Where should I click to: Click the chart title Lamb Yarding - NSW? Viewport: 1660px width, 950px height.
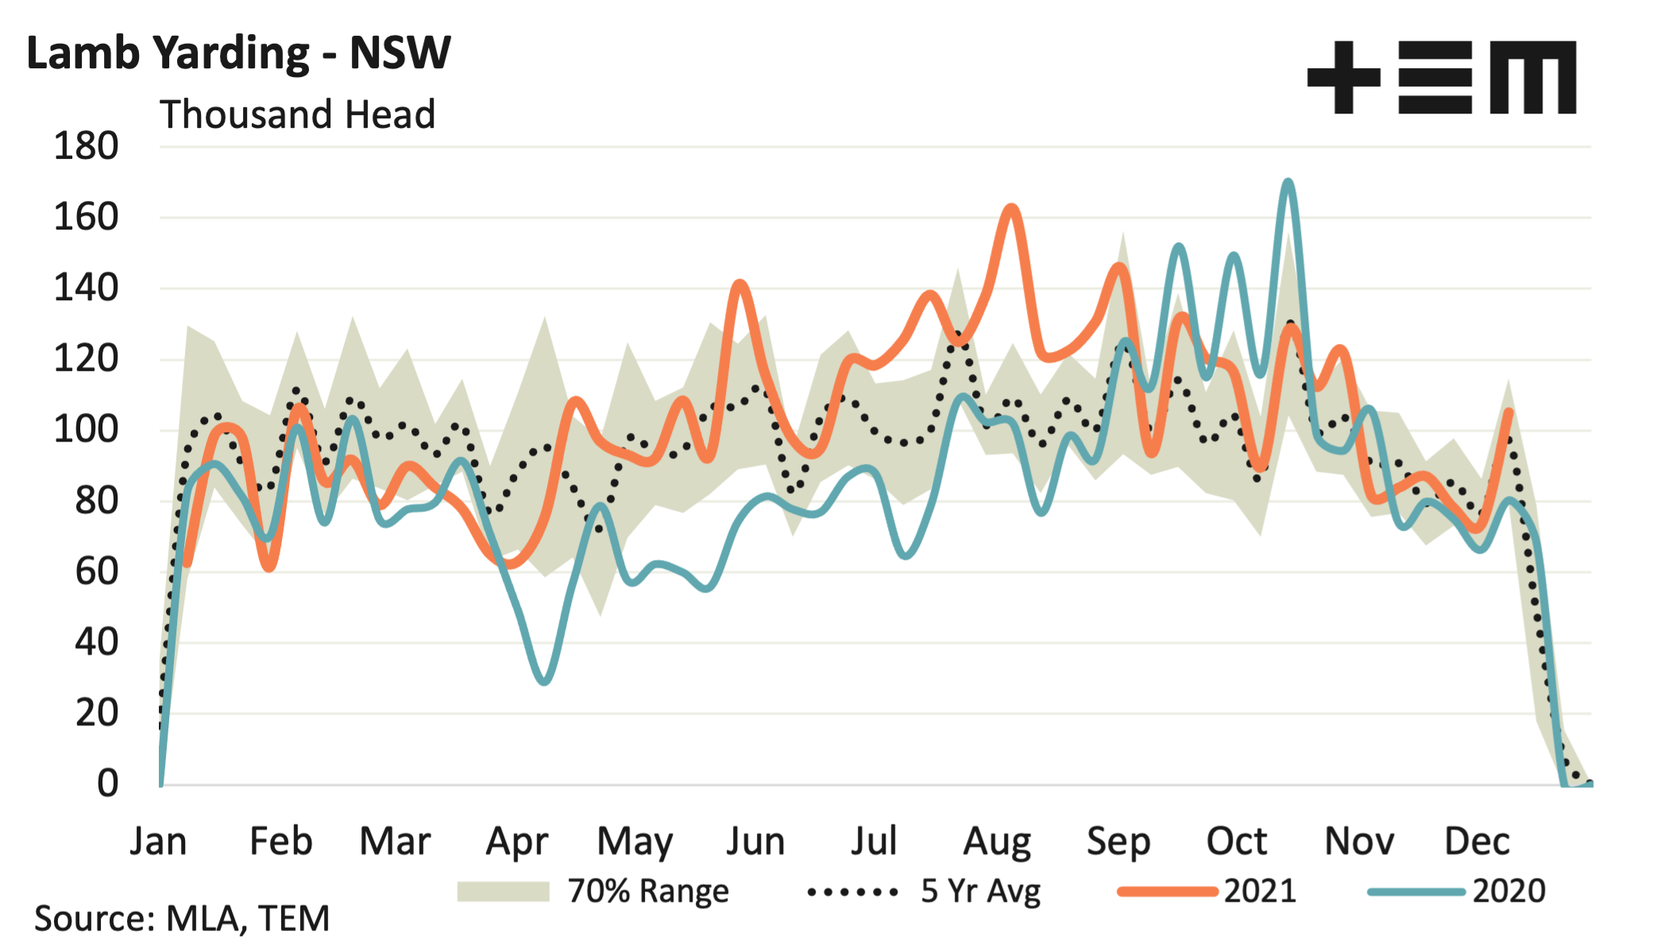(238, 54)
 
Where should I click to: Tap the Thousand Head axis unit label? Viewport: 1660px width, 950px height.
(298, 114)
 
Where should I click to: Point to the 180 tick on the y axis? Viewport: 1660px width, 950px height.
(86, 147)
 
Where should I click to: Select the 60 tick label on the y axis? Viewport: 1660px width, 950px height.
(96, 572)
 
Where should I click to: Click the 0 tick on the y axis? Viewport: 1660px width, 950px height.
(107, 784)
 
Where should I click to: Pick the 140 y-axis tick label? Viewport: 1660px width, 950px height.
(86, 288)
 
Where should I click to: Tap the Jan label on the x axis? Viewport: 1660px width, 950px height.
(159, 841)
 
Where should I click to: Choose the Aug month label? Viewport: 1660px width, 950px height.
(997, 841)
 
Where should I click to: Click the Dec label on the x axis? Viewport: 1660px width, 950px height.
(1477, 841)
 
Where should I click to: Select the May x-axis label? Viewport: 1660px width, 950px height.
(635, 841)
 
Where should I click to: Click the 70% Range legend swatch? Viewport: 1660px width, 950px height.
(504, 892)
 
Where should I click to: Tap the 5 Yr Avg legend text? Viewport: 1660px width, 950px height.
(980, 892)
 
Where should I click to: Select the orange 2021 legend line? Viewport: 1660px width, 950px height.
(1167, 892)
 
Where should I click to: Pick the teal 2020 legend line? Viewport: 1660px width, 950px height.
(1416, 892)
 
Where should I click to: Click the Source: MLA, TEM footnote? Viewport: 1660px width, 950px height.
(182, 919)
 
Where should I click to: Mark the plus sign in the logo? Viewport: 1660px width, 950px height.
(1343, 78)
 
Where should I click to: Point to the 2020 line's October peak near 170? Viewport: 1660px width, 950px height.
(1287, 183)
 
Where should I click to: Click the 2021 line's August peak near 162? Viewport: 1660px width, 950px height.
(1010, 208)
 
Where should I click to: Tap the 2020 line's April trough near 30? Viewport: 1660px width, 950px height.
(545, 682)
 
